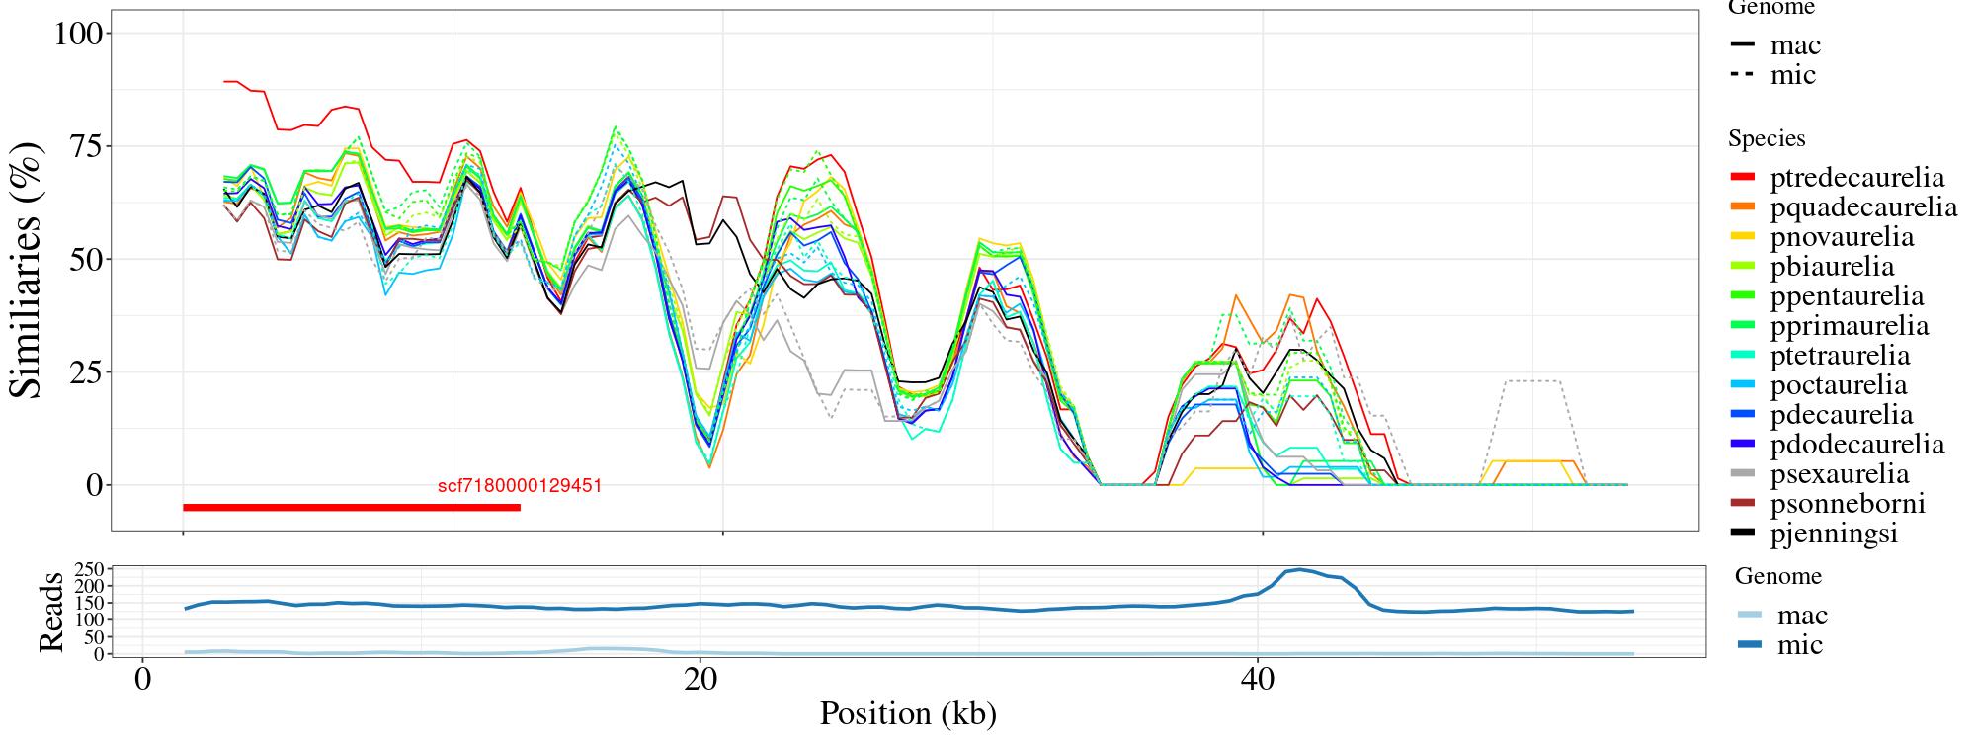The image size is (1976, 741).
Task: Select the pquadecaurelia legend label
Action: click(1863, 207)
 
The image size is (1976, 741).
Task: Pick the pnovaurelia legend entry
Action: click(1842, 237)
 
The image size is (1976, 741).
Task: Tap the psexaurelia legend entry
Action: click(1839, 474)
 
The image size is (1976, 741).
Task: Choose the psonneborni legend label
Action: click(1847, 504)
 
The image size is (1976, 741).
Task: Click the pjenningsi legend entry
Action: click(1834, 534)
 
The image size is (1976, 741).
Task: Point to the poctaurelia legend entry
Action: click(1838, 385)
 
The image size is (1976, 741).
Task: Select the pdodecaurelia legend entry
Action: click(1856, 445)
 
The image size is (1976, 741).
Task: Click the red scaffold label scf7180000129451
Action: click(520, 486)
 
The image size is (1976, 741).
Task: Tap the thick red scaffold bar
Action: click(351, 508)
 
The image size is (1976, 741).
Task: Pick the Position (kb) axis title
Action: click(907, 713)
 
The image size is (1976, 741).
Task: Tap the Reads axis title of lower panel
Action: click(50, 612)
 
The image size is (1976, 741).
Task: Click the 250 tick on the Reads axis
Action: click(89, 570)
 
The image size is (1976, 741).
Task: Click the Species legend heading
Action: click(1767, 139)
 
